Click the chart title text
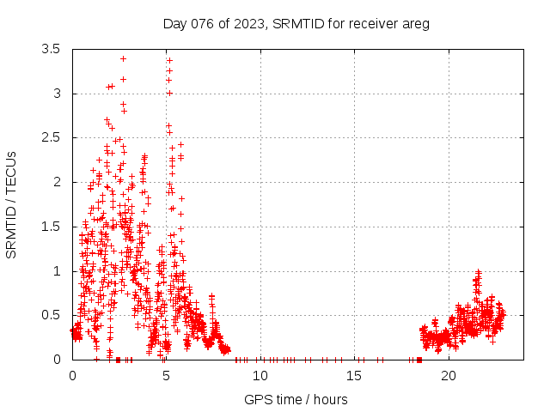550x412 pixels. (296, 23)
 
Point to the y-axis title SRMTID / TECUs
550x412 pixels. (11, 204)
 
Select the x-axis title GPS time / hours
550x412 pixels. (296, 399)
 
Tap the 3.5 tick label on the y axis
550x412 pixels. (51, 49)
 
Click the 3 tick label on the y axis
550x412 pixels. (57, 94)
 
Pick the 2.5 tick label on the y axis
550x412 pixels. (51, 137)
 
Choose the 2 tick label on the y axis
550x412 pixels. (57, 182)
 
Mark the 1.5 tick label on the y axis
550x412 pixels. (51, 227)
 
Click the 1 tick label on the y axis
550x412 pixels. (57, 270)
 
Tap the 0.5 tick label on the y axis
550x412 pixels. (51, 315)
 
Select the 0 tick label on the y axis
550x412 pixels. (57, 360)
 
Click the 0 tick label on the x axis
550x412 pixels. (72, 376)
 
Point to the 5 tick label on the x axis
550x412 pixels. (167, 376)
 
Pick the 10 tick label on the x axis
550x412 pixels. (260, 376)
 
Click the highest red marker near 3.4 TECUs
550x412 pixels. (124, 58)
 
